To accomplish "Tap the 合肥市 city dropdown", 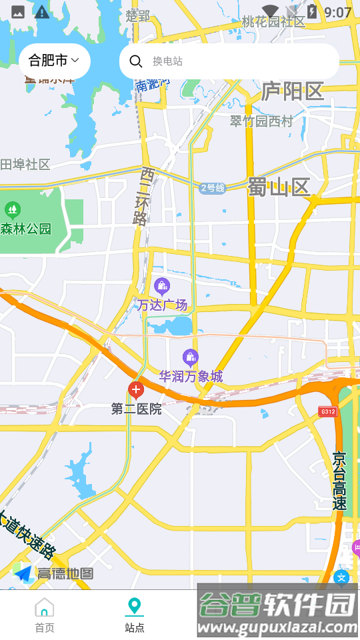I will (54, 61).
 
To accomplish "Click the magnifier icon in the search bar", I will (136, 61).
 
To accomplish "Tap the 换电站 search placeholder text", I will (167, 61).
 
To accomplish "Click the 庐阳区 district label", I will (292, 91).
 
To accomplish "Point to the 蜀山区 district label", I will (279, 187).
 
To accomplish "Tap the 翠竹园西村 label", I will (261, 121).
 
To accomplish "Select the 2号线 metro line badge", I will (213, 188).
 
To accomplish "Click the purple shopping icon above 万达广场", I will (162, 287).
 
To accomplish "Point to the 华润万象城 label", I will (191, 377).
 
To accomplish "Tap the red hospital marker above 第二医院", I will (136, 390).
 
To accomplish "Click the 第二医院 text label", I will (136, 409).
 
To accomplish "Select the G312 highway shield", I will (327, 411).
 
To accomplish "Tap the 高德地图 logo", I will (53, 573).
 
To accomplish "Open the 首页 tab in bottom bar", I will (45, 615).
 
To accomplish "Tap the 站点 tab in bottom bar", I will (135, 615).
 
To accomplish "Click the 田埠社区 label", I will (25, 165).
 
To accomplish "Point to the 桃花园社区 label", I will (273, 21).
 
